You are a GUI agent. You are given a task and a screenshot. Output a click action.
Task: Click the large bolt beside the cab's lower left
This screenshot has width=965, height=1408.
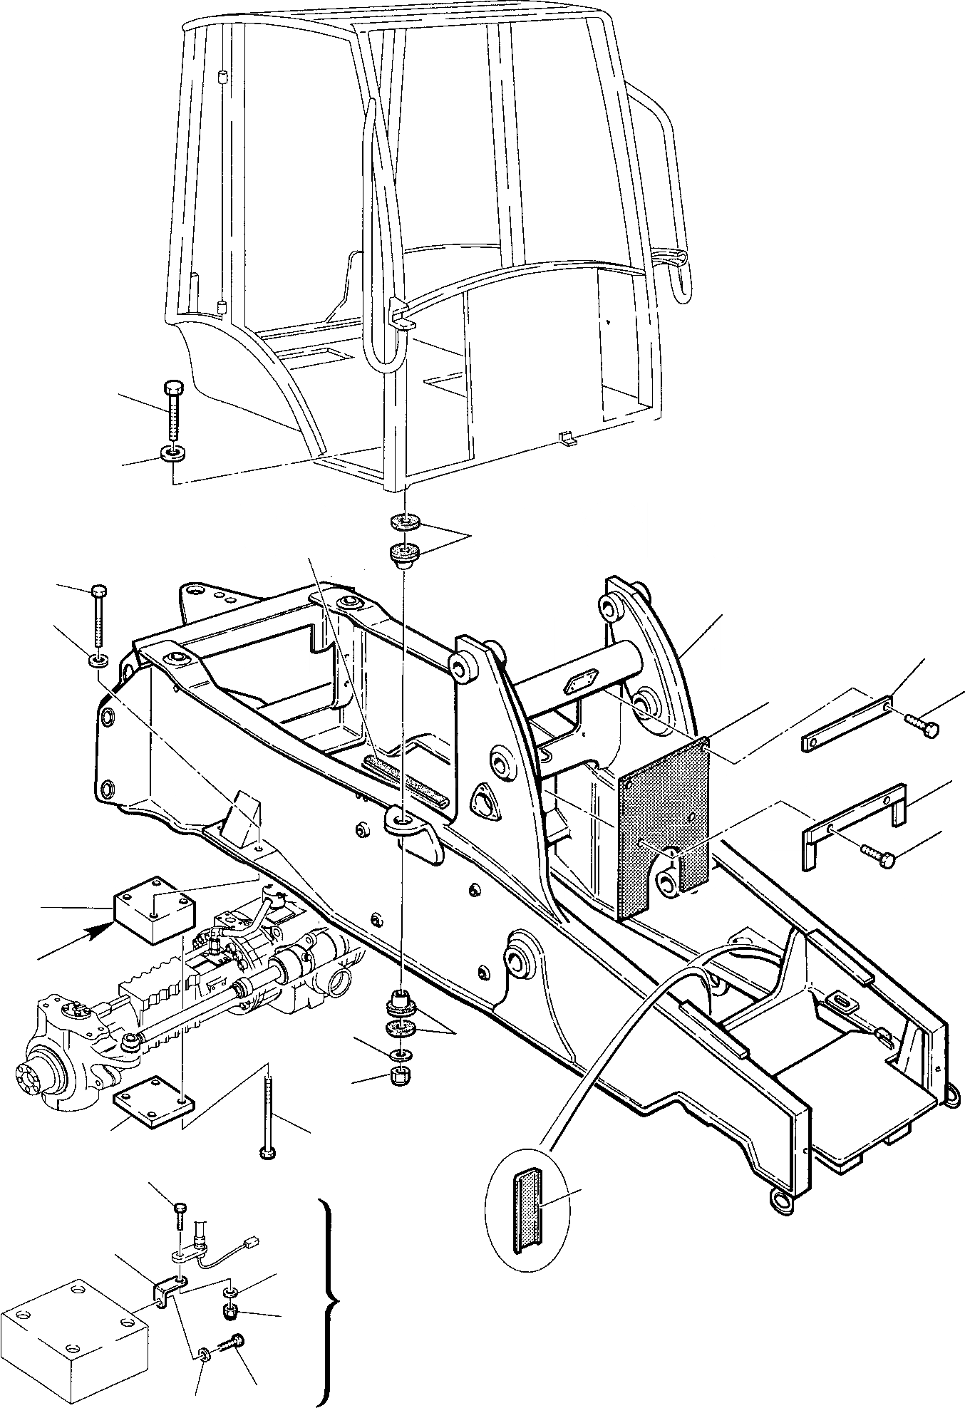pyautogui.click(x=174, y=413)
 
